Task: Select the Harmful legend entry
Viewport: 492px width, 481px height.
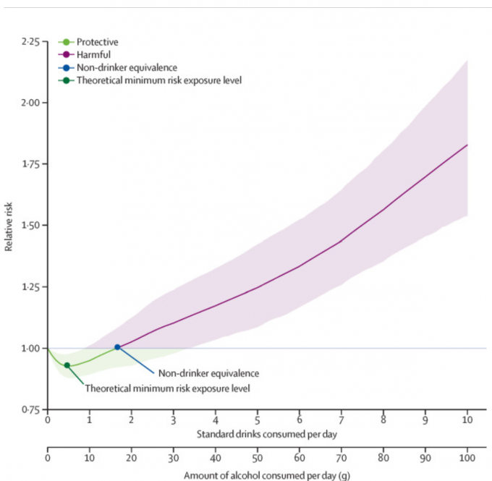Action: pyautogui.click(x=90, y=55)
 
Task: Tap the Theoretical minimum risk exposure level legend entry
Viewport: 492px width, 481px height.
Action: pyautogui.click(x=148, y=80)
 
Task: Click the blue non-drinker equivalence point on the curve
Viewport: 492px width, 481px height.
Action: pyautogui.click(x=117, y=347)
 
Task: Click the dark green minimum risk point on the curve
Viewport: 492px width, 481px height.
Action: pyautogui.click(x=67, y=365)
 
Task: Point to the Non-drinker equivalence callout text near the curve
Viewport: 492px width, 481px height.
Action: pyautogui.click(x=208, y=374)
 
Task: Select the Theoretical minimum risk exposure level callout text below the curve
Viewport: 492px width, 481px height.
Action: pyautogui.click(x=167, y=388)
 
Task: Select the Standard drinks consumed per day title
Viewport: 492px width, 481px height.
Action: pyautogui.click(x=257, y=435)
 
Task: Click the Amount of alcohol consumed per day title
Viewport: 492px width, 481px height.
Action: pyautogui.click(x=257, y=475)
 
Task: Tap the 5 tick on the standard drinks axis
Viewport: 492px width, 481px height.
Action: pyautogui.click(x=257, y=420)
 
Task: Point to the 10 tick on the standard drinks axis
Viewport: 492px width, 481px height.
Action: pyautogui.click(x=467, y=420)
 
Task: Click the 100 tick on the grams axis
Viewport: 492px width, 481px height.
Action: pyautogui.click(x=467, y=459)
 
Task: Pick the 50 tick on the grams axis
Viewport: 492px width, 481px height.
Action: pyautogui.click(x=257, y=459)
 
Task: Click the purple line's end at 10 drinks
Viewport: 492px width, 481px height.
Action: pyautogui.click(x=467, y=145)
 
